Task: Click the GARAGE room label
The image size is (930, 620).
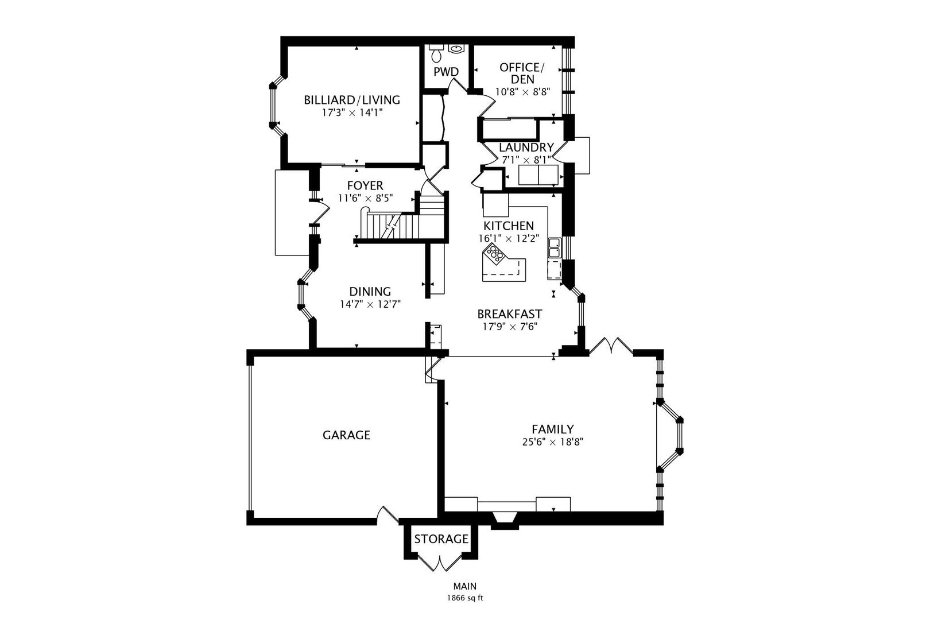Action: (346, 435)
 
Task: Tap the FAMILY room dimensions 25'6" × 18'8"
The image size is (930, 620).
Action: (552, 442)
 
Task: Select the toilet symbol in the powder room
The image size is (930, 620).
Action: (437, 53)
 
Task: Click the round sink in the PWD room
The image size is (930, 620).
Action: (456, 49)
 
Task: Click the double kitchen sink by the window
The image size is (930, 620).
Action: (555, 248)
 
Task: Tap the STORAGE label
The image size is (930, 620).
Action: (441, 539)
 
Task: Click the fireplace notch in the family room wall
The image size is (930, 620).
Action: (506, 521)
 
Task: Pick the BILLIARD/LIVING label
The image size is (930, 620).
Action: (351, 100)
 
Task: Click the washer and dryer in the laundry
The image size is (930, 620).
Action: (538, 175)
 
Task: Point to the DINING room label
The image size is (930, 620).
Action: (370, 292)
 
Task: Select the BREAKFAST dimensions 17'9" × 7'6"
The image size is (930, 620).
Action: (509, 327)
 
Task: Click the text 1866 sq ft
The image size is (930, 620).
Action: (465, 598)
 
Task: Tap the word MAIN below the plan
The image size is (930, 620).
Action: (465, 586)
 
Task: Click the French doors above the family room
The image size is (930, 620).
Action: (611, 347)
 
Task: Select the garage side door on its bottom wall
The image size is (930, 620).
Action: (387, 514)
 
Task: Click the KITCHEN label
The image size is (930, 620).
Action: (508, 226)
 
